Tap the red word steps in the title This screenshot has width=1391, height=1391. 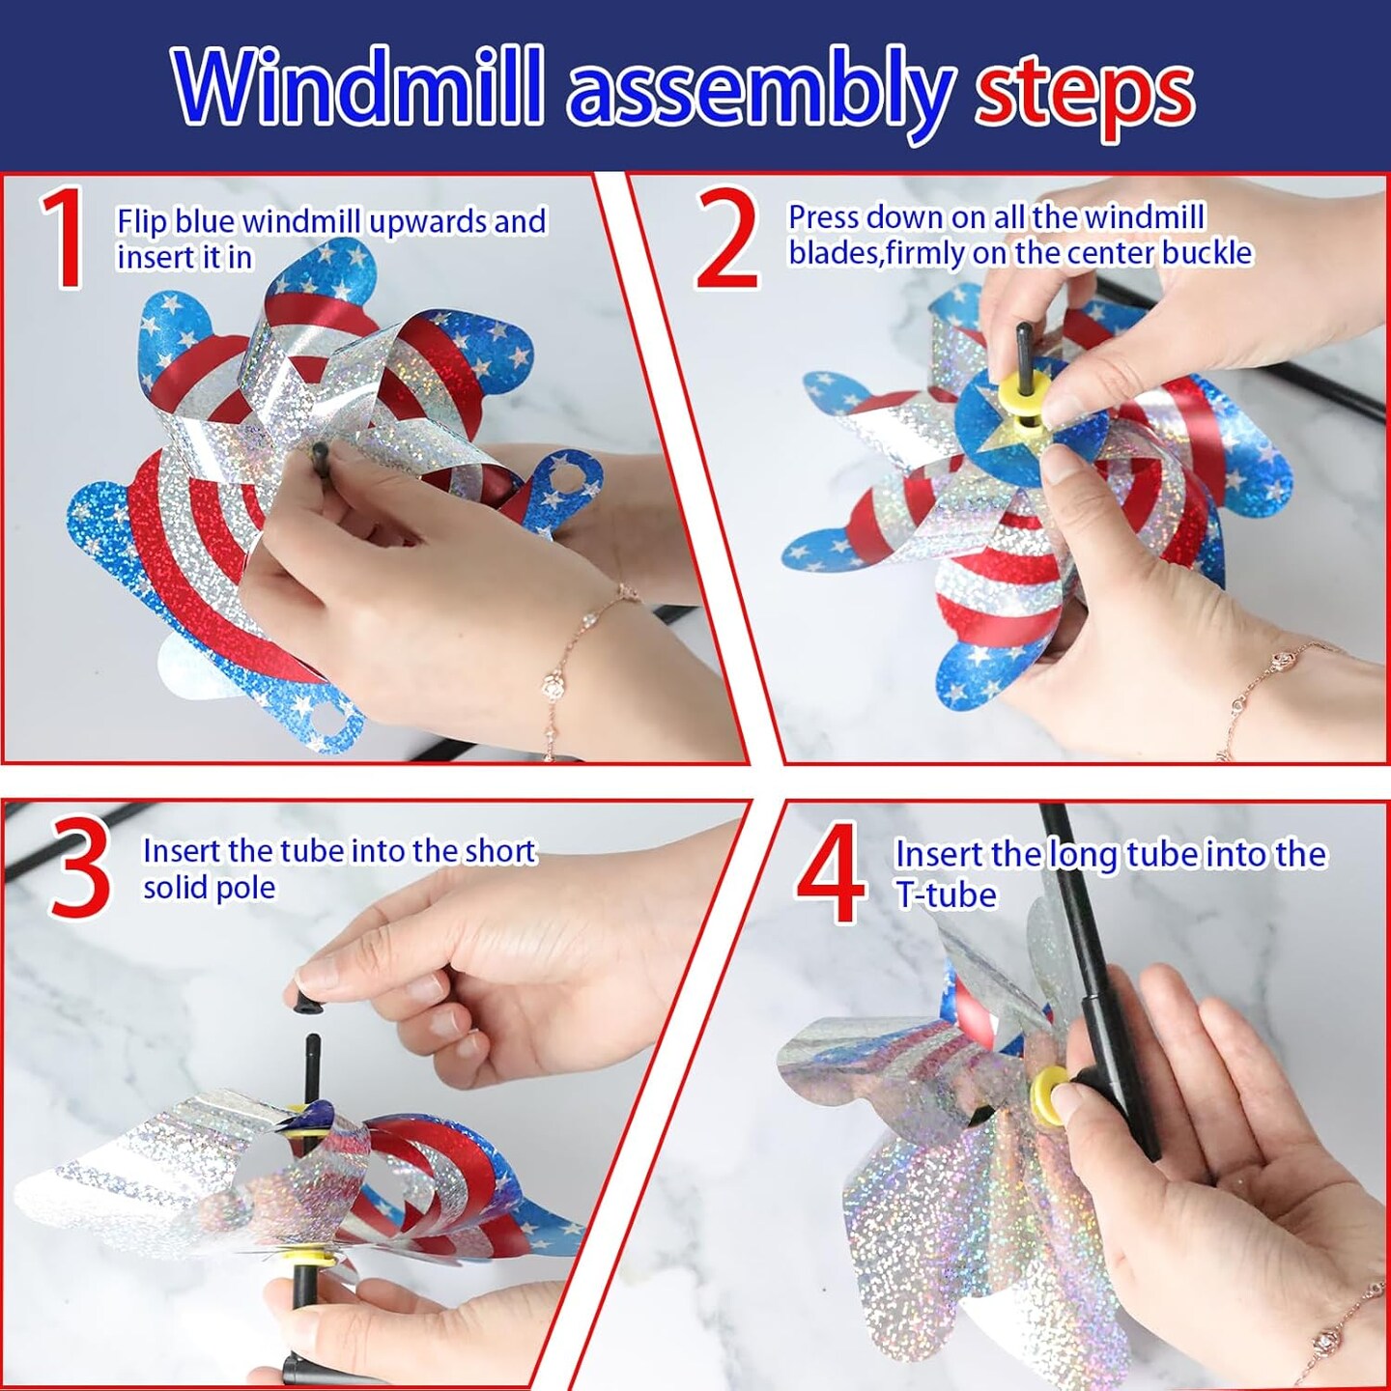[x=1084, y=99]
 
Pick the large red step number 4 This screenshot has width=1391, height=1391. [x=831, y=872]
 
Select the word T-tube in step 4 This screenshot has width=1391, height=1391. [x=947, y=894]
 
